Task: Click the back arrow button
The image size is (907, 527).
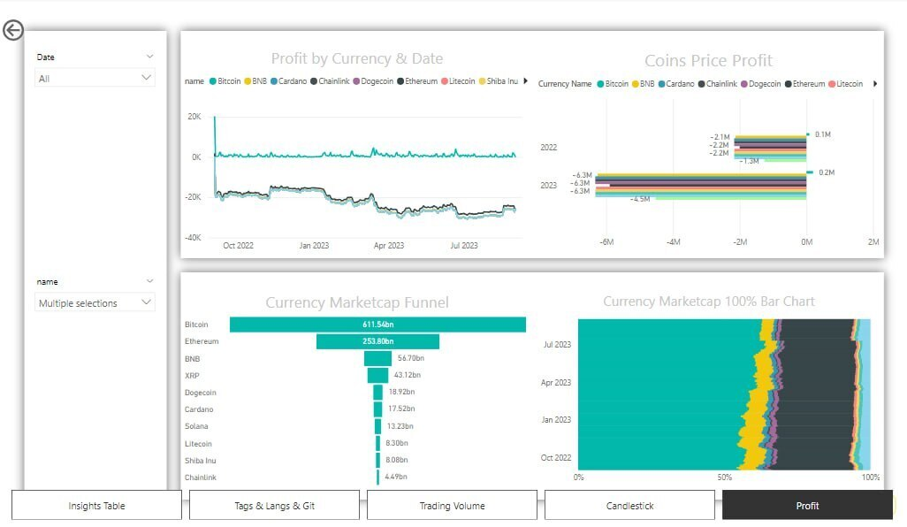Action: [x=13, y=31]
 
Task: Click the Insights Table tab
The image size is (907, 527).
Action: [x=96, y=506]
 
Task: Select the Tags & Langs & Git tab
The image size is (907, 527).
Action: [x=274, y=506]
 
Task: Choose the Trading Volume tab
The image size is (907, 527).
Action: [x=452, y=506]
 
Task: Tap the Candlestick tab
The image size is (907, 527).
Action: [x=629, y=506]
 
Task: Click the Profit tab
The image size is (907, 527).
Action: [x=807, y=506]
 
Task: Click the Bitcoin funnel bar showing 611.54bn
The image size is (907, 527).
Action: [x=377, y=325]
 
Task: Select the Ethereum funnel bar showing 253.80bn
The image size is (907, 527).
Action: [x=377, y=341]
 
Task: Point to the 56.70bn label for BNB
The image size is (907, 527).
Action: [x=410, y=358]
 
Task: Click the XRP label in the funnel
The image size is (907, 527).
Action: [x=192, y=376]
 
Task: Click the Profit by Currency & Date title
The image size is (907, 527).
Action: [x=356, y=58]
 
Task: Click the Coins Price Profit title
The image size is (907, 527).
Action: [x=708, y=60]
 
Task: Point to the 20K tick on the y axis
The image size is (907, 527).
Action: [x=194, y=117]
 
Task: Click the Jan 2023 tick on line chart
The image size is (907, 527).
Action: [x=314, y=245]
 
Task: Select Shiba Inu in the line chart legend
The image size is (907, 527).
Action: [x=501, y=81]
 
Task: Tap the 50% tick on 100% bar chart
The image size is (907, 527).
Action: [x=725, y=477]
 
